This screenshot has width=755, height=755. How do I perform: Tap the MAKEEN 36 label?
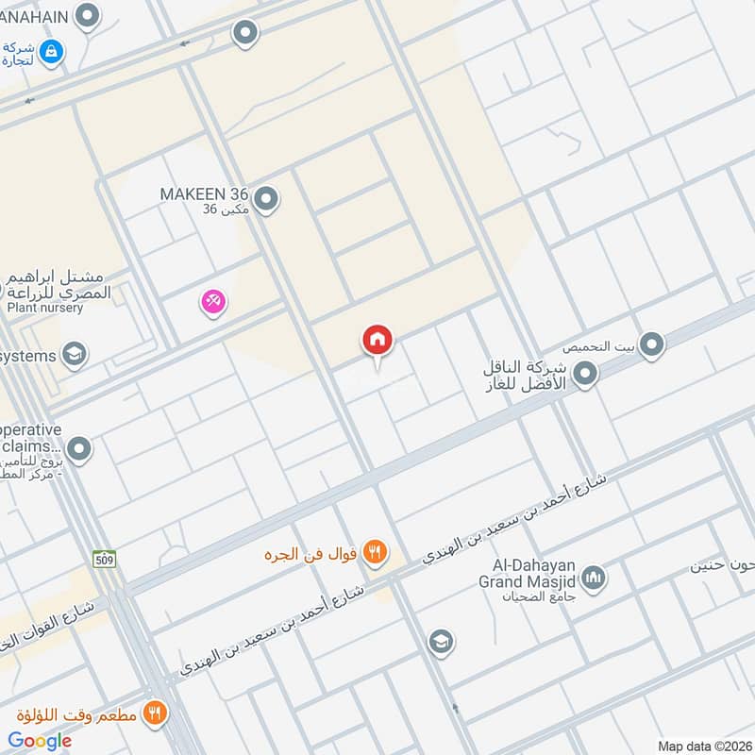[x=205, y=193]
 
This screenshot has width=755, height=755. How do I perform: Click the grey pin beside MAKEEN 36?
[x=267, y=199]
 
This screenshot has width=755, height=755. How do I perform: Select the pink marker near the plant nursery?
[x=213, y=302]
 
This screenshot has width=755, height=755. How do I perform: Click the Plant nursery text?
[x=45, y=308]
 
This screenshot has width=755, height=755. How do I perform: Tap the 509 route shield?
[x=104, y=560]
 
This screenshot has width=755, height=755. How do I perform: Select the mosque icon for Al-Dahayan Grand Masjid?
[x=594, y=577]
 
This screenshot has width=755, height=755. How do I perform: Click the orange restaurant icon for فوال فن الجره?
[x=375, y=552]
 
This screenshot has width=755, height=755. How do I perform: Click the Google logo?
[x=40, y=741]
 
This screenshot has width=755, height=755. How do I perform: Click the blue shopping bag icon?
[x=52, y=49]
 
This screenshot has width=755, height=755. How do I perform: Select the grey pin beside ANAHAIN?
[x=88, y=15]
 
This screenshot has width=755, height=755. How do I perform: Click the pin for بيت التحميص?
[x=651, y=345]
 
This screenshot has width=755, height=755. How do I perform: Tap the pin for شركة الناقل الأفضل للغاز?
[x=586, y=375]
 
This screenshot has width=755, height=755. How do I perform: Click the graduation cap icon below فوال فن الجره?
[x=440, y=643]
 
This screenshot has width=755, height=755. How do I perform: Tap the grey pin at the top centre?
[x=245, y=34]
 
